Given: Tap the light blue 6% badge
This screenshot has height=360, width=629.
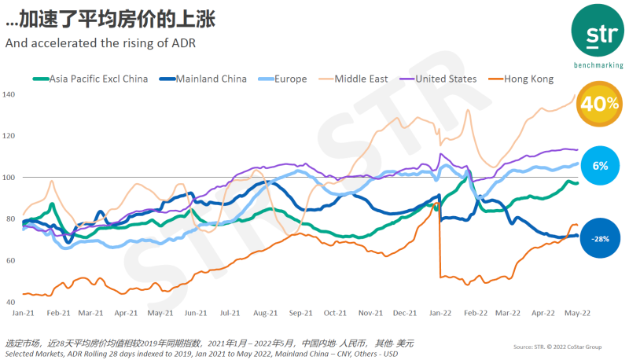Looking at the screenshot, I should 600,166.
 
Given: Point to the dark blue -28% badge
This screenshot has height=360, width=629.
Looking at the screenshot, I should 600,237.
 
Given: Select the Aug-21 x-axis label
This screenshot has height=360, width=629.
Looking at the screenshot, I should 266,312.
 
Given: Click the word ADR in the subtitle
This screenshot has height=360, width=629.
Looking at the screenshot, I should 182,42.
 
